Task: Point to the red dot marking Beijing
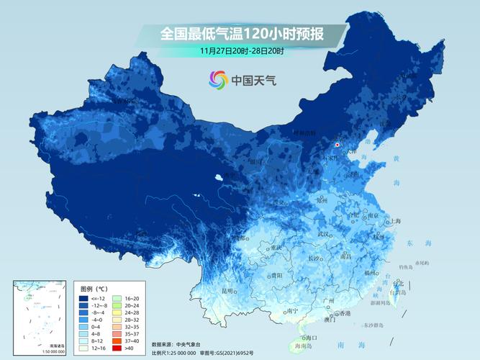(338, 144)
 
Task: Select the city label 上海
(394, 221)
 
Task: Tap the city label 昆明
(228, 291)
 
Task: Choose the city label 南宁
(292, 311)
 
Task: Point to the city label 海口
(311, 337)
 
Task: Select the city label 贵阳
(276, 275)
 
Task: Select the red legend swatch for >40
(120, 347)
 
